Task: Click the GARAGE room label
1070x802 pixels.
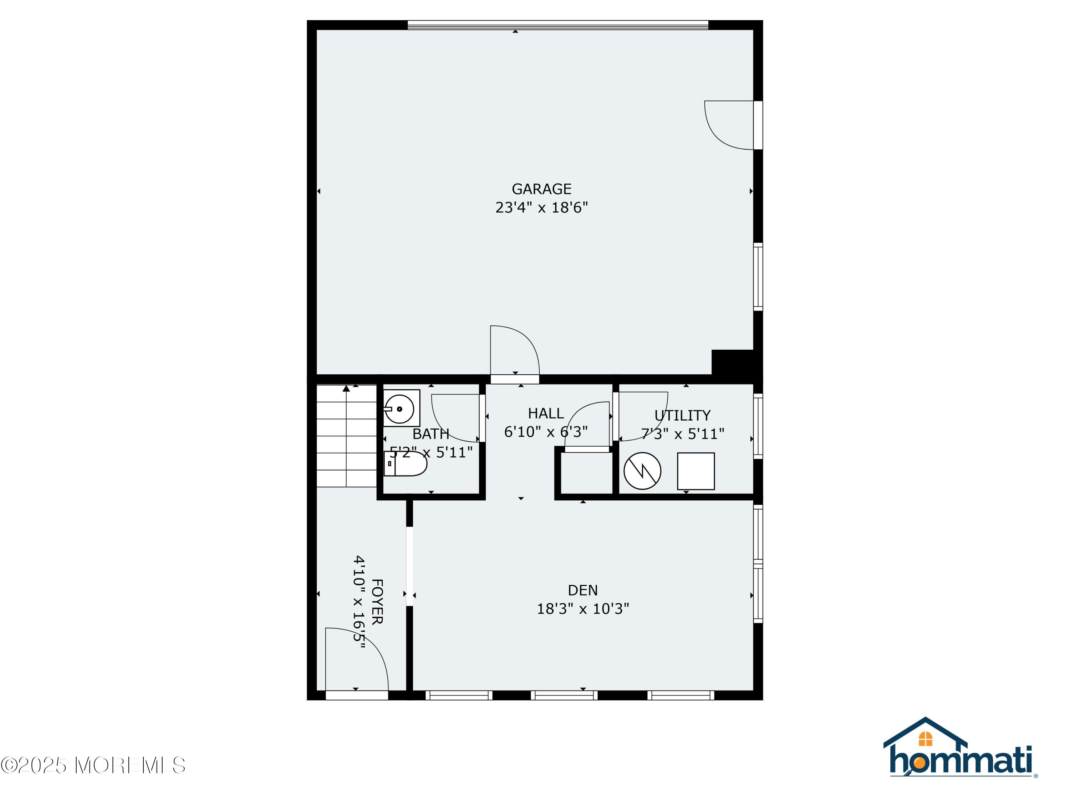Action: tap(541, 189)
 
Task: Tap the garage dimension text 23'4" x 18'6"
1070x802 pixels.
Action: tap(541, 208)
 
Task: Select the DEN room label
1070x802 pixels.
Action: tap(582, 590)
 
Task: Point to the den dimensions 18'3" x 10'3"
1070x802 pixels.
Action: tap(582, 609)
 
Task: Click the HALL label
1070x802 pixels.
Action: tap(546, 413)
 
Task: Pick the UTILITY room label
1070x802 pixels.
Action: tap(682, 416)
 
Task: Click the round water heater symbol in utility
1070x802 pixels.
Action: tap(642, 471)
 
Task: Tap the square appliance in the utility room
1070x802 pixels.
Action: tap(695, 471)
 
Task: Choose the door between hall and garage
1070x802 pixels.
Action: tap(515, 353)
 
